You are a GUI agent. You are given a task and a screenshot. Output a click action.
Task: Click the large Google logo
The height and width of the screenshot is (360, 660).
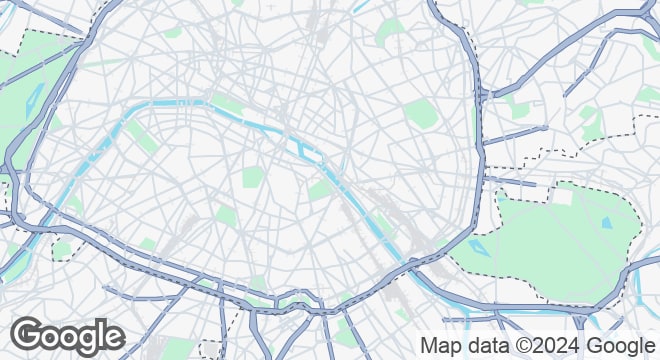[x=68, y=336]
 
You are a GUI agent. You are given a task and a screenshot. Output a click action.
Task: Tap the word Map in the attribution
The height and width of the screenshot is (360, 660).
[x=439, y=345]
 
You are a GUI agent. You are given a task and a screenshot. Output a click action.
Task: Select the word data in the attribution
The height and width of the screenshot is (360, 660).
[x=485, y=345]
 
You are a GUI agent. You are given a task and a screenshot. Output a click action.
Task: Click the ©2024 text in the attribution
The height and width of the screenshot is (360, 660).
[x=549, y=345]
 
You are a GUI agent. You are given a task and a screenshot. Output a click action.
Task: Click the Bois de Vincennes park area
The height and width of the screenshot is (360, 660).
[x=560, y=240]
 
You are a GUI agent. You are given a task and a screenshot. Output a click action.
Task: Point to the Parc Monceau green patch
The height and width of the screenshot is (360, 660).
[x=174, y=32]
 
